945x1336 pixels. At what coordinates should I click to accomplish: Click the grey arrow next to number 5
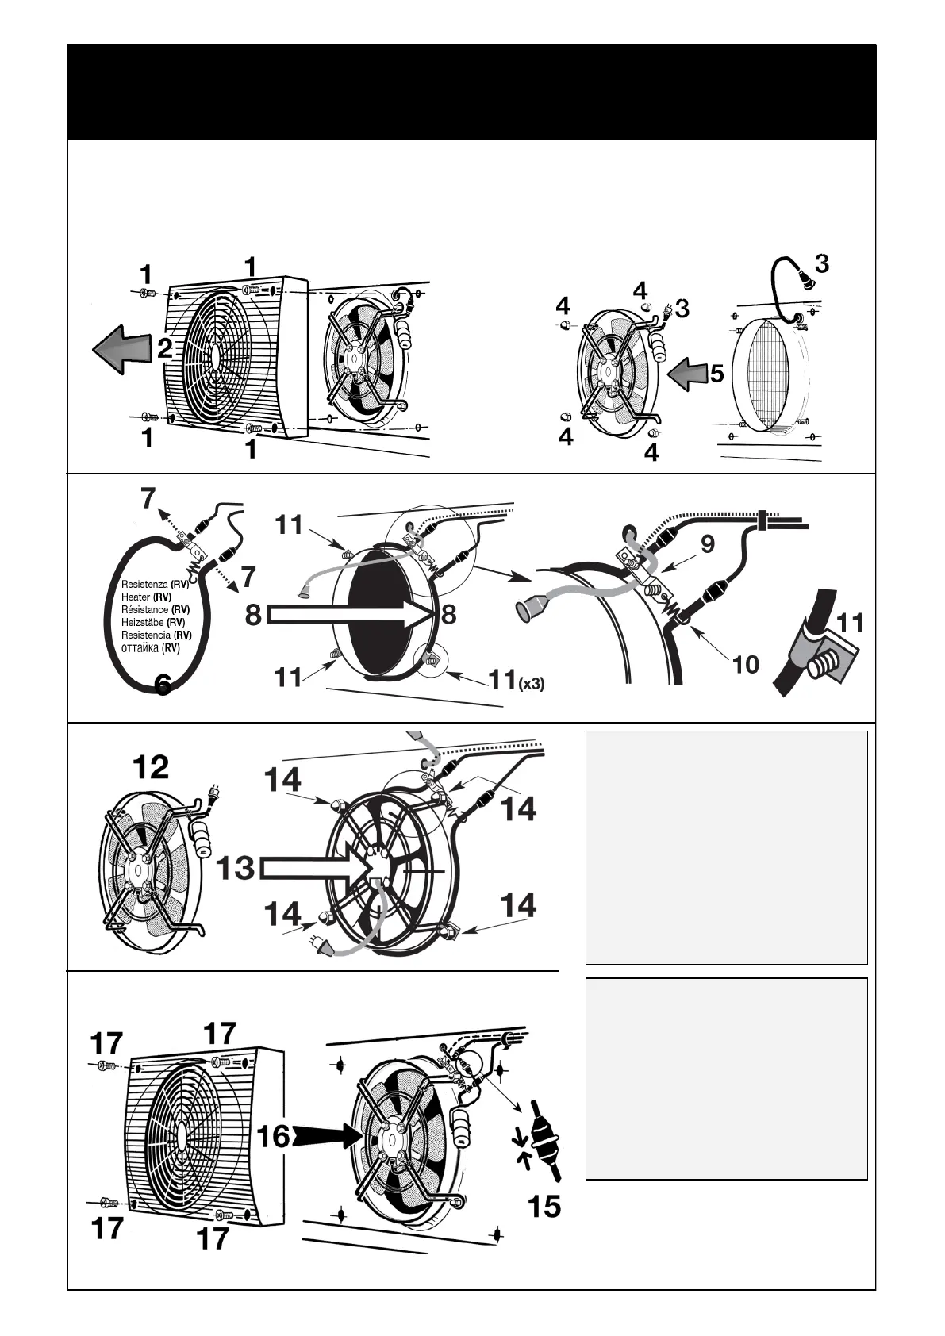pyautogui.click(x=687, y=373)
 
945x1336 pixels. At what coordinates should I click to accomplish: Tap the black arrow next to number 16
pyautogui.click(x=327, y=1135)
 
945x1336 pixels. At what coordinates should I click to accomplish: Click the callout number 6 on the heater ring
pyautogui.click(x=163, y=684)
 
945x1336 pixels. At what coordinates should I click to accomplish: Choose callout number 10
pyautogui.click(x=745, y=663)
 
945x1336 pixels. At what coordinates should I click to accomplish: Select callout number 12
pyautogui.click(x=151, y=767)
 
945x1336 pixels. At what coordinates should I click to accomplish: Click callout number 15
pyautogui.click(x=544, y=1207)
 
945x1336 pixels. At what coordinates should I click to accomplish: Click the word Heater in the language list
pyautogui.click(x=136, y=597)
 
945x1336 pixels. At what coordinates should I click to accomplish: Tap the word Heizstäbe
pyautogui.click(x=142, y=622)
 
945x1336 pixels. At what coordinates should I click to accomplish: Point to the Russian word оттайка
pyautogui.click(x=140, y=647)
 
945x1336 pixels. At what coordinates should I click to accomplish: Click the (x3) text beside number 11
pyautogui.click(x=531, y=683)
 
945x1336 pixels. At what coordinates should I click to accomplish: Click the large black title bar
pyautogui.click(x=471, y=92)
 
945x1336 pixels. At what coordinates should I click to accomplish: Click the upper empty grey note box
pyautogui.click(x=726, y=847)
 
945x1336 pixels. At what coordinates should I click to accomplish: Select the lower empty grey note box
pyautogui.click(x=726, y=1078)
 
